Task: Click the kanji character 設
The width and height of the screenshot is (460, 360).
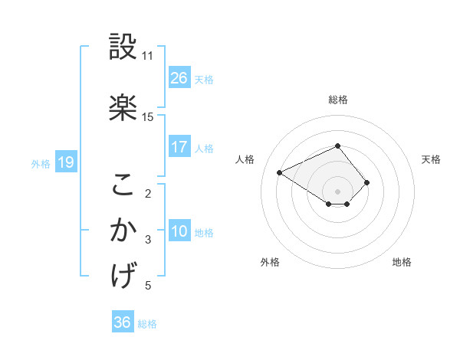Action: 123,47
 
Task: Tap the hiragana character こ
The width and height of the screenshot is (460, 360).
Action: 123,184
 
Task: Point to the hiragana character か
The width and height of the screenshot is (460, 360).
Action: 123,231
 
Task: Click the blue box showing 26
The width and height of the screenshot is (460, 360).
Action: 179,78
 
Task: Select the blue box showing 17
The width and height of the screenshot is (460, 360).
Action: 179,147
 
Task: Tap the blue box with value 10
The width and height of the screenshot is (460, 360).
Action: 179,231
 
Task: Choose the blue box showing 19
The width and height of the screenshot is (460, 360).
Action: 65,162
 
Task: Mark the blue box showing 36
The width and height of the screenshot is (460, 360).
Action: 123,322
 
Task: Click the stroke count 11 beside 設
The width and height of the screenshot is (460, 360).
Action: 147,56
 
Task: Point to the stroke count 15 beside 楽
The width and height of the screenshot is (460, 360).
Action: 147,117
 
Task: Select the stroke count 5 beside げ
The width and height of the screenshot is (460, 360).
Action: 149,286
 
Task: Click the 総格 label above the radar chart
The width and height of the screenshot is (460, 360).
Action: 338,100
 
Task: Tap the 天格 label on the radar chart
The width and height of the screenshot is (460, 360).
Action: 431,159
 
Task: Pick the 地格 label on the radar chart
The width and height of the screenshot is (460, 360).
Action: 402,262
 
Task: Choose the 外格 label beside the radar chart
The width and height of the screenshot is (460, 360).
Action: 270,262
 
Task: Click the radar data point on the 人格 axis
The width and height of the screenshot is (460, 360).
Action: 280,172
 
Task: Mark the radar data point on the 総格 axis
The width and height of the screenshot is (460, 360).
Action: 337,146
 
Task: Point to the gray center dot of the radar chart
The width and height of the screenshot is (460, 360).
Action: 337,191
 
